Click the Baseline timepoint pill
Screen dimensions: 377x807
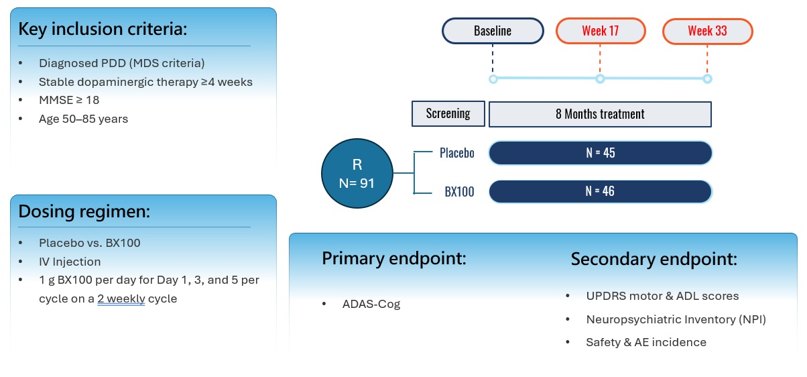[493, 31]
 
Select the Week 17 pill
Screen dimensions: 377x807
[600, 31]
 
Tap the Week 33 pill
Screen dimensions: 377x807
[707, 31]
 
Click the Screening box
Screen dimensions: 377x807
[448, 113]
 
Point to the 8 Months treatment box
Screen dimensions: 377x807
[600, 114]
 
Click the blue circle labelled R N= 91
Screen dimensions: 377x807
[357, 172]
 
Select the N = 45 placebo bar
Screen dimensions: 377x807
[600, 153]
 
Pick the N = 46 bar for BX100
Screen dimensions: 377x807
[600, 192]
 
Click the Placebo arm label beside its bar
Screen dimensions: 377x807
[456, 153]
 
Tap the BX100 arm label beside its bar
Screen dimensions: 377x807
[459, 192]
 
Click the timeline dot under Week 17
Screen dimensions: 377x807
[600, 79]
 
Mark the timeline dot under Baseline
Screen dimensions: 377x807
[493, 79]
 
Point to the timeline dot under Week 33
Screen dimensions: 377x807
[707, 79]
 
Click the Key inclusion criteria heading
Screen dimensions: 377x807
[102, 30]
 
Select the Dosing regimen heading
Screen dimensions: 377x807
[84, 211]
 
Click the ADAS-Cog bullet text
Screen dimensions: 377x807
[371, 304]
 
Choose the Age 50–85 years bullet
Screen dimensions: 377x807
[83, 119]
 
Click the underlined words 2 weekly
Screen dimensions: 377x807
[121, 299]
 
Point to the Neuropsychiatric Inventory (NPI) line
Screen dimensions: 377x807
[676, 319]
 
